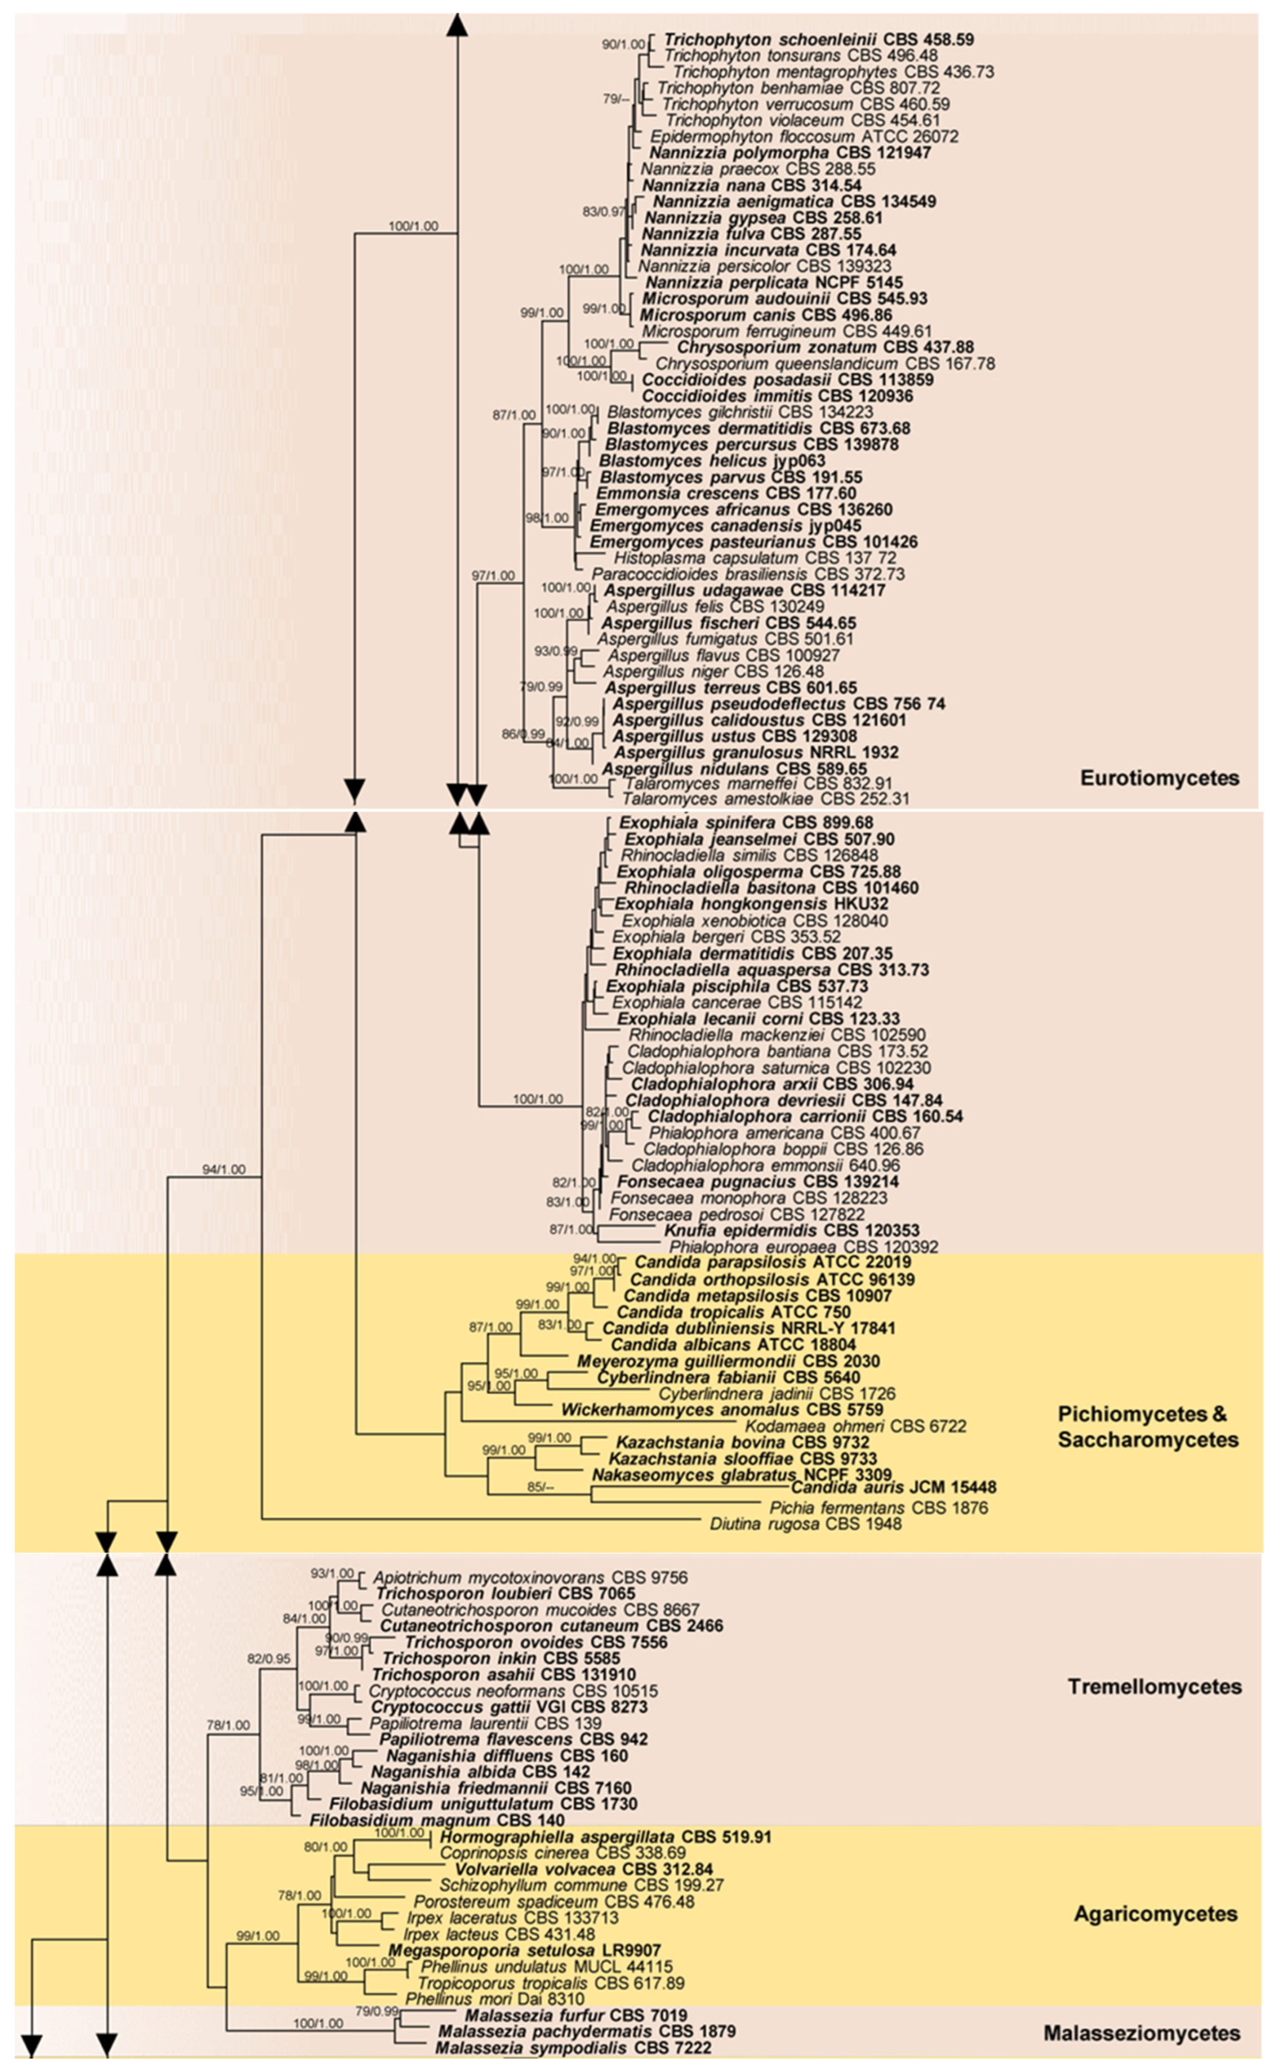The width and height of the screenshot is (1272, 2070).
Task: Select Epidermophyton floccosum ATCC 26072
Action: tap(804, 136)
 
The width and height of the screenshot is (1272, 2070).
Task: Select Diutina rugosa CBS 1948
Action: tap(805, 1523)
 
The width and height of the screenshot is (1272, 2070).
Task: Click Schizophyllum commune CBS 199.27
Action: tap(581, 1885)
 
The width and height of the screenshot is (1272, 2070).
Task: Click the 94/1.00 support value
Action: tap(224, 1169)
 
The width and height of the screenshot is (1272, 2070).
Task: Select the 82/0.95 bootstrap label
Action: tap(268, 1659)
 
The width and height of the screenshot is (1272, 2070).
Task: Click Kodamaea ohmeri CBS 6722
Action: tap(855, 1426)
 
